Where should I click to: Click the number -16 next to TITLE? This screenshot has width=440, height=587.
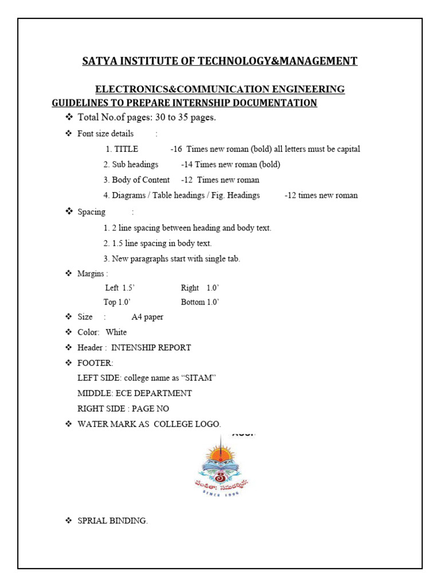[x=176, y=149]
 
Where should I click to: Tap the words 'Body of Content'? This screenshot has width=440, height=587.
[x=140, y=180]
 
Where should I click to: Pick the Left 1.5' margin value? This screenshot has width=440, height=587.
[x=120, y=288]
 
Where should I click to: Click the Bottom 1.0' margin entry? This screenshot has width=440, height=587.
[x=200, y=302]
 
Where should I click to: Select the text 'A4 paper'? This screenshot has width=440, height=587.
[x=147, y=317]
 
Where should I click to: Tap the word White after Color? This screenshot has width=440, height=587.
[x=116, y=332]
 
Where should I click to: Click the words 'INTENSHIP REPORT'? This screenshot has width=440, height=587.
[x=151, y=347]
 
